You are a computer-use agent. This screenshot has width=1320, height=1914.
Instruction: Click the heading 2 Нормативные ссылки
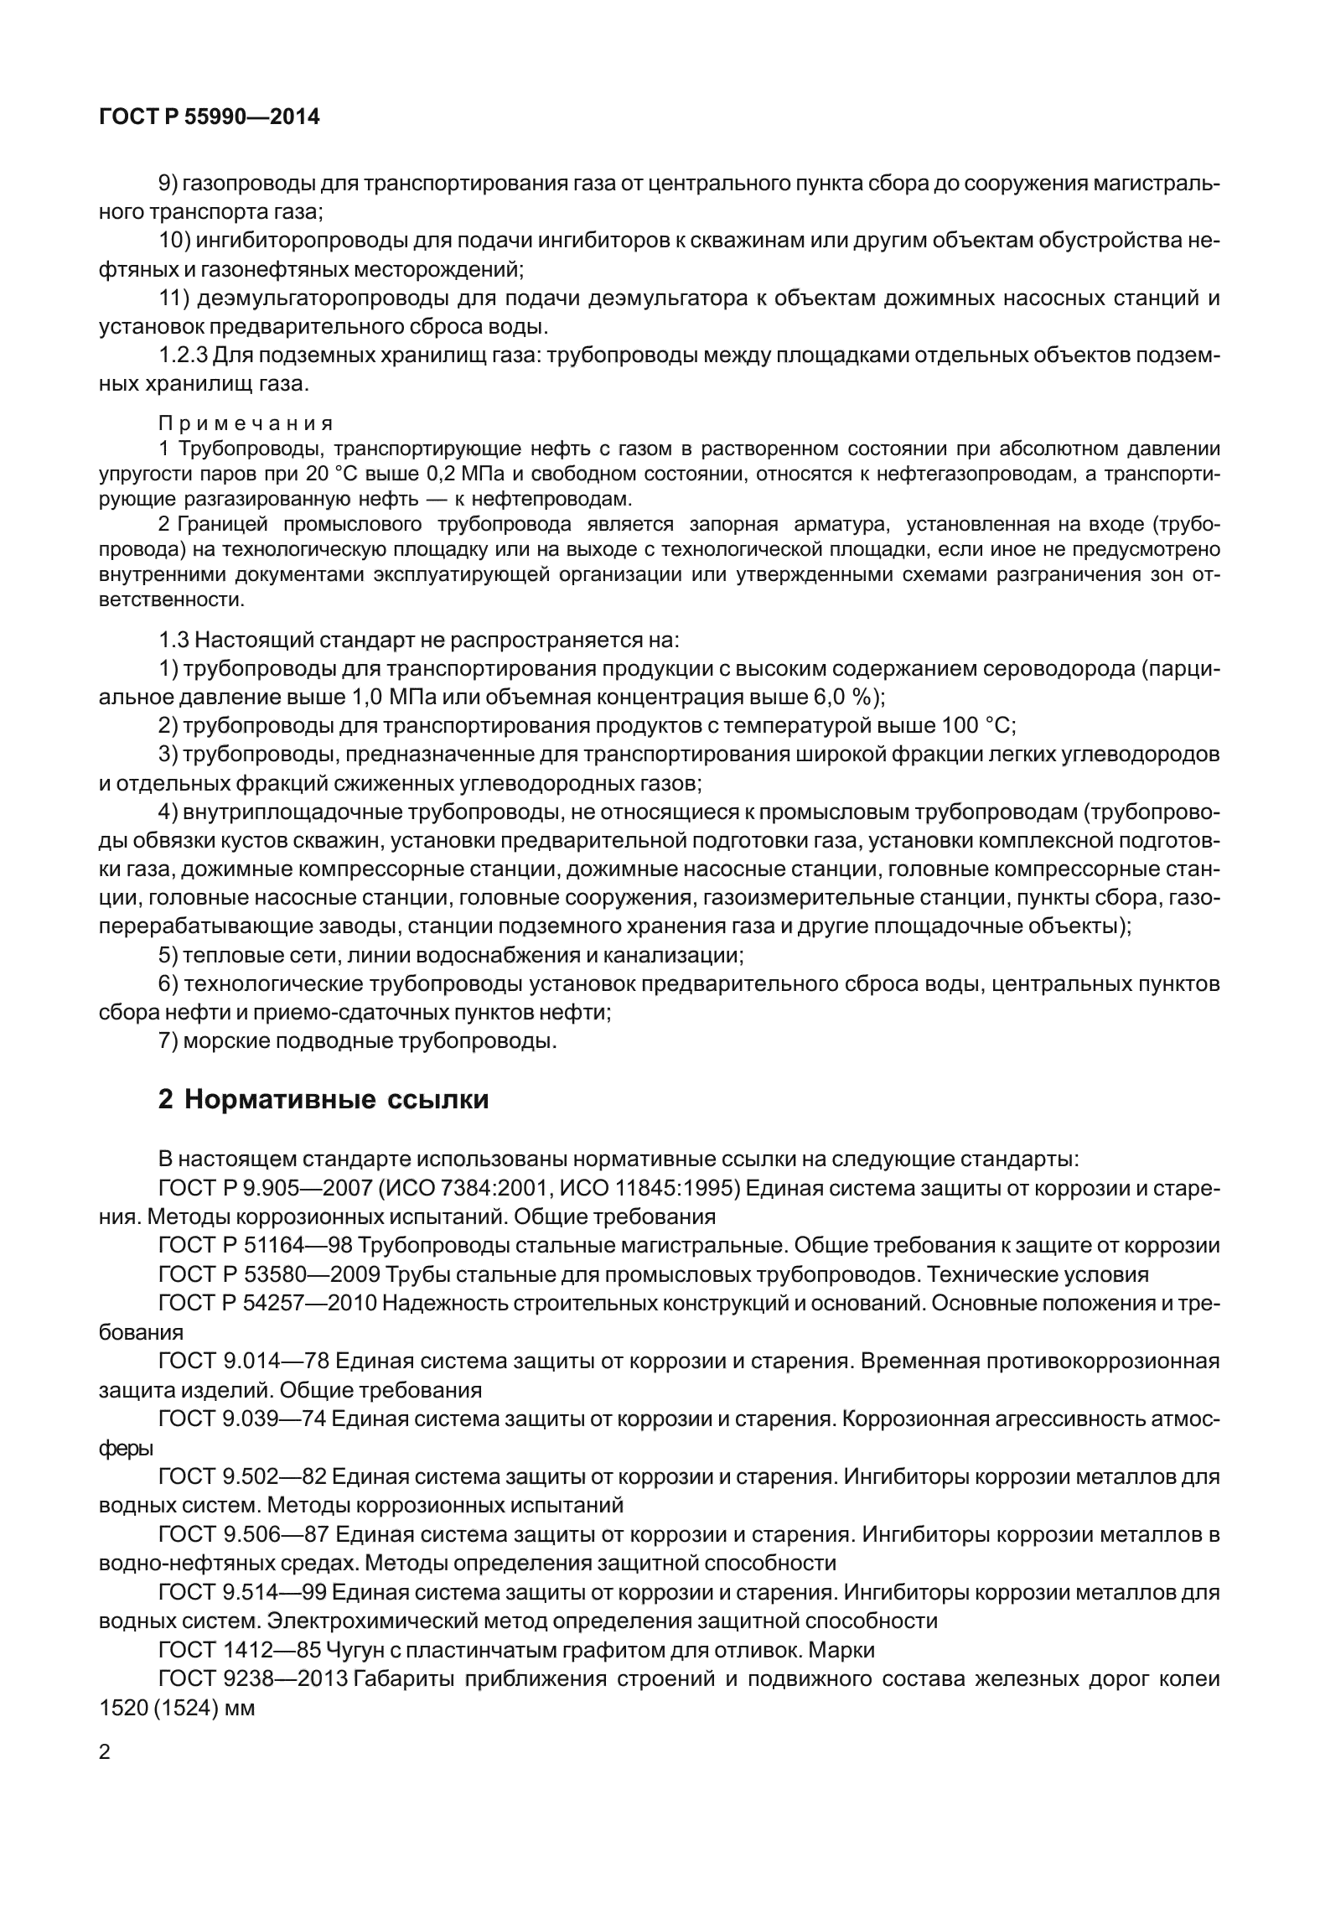pyautogui.click(x=323, y=1099)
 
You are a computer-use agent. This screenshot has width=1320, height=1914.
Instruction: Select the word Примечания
pyautogui.click(x=246, y=423)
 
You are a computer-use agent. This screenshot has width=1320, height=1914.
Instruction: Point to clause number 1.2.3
pyautogui.click(x=183, y=355)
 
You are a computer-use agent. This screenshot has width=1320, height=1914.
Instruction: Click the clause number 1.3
pyautogui.click(x=173, y=641)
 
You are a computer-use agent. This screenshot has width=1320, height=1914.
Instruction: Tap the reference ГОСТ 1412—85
pyautogui.click(x=239, y=1650)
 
